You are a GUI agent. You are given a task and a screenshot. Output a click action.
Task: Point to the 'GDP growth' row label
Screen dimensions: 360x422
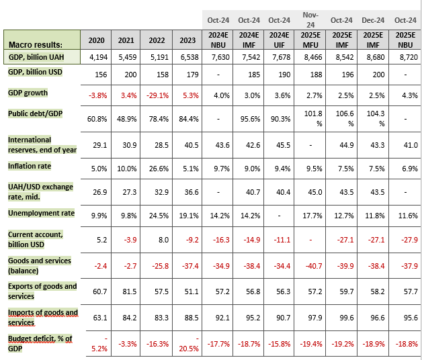tap(28, 92)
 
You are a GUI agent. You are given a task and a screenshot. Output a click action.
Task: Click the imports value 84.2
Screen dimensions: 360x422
tap(126, 314)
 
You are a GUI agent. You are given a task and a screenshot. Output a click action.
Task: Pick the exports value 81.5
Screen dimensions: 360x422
tap(126, 290)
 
